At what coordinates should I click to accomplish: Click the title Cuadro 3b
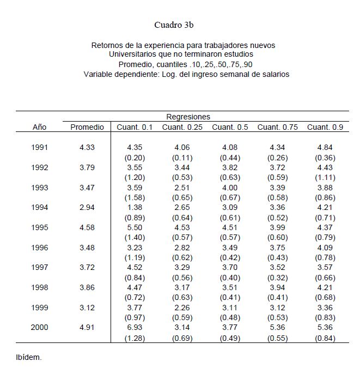click(x=174, y=25)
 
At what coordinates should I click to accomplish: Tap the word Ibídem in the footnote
click(x=28, y=358)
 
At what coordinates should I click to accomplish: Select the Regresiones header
click(x=188, y=117)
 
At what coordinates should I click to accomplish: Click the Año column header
click(x=40, y=127)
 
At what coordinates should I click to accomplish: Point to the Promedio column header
click(x=87, y=127)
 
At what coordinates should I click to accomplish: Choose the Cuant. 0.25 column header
click(x=182, y=127)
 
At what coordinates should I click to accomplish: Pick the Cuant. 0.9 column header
click(x=325, y=127)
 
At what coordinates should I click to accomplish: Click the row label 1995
click(x=40, y=227)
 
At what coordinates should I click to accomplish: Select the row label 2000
click(x=40, y=328)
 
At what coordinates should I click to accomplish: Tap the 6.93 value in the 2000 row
click(x=135, y=328)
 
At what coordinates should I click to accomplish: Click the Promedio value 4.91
click(x=87, y=328)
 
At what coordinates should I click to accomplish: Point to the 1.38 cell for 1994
click(x=135, y=208)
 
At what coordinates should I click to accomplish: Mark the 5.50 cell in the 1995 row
click(x=135, y=227)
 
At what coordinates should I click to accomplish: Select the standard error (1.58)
click(x=135, y=197)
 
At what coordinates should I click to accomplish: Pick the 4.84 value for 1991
click(x=325, y=147)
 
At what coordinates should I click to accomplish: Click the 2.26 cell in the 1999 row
click(x=182, y=308)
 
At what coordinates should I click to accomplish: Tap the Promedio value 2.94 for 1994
click(x=87, y=208)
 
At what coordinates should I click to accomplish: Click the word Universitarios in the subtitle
click(x=133, y=55)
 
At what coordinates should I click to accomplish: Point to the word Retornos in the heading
click(x=107, y=45)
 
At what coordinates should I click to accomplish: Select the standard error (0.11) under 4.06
click(x=182, y=158)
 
